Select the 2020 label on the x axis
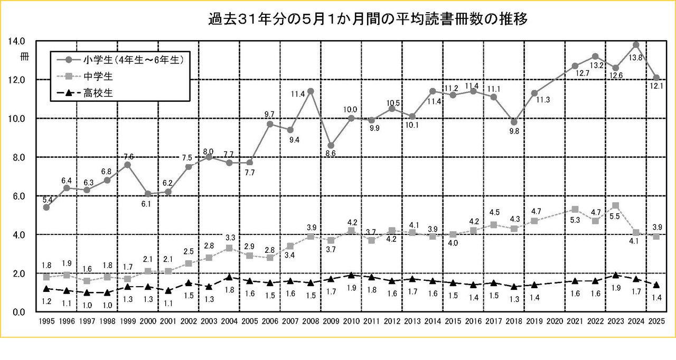(555, 321)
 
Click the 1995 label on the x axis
(46, 321)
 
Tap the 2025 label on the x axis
(656, 321)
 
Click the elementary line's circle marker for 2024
(636, 44)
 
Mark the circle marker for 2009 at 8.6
(331, 145)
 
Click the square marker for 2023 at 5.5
(616, 205)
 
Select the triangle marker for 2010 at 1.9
(351, 275)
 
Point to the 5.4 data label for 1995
(47, 200)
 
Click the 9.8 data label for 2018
(513, 131)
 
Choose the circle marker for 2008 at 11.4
(311, 91)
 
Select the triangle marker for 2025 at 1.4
(656, 285)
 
